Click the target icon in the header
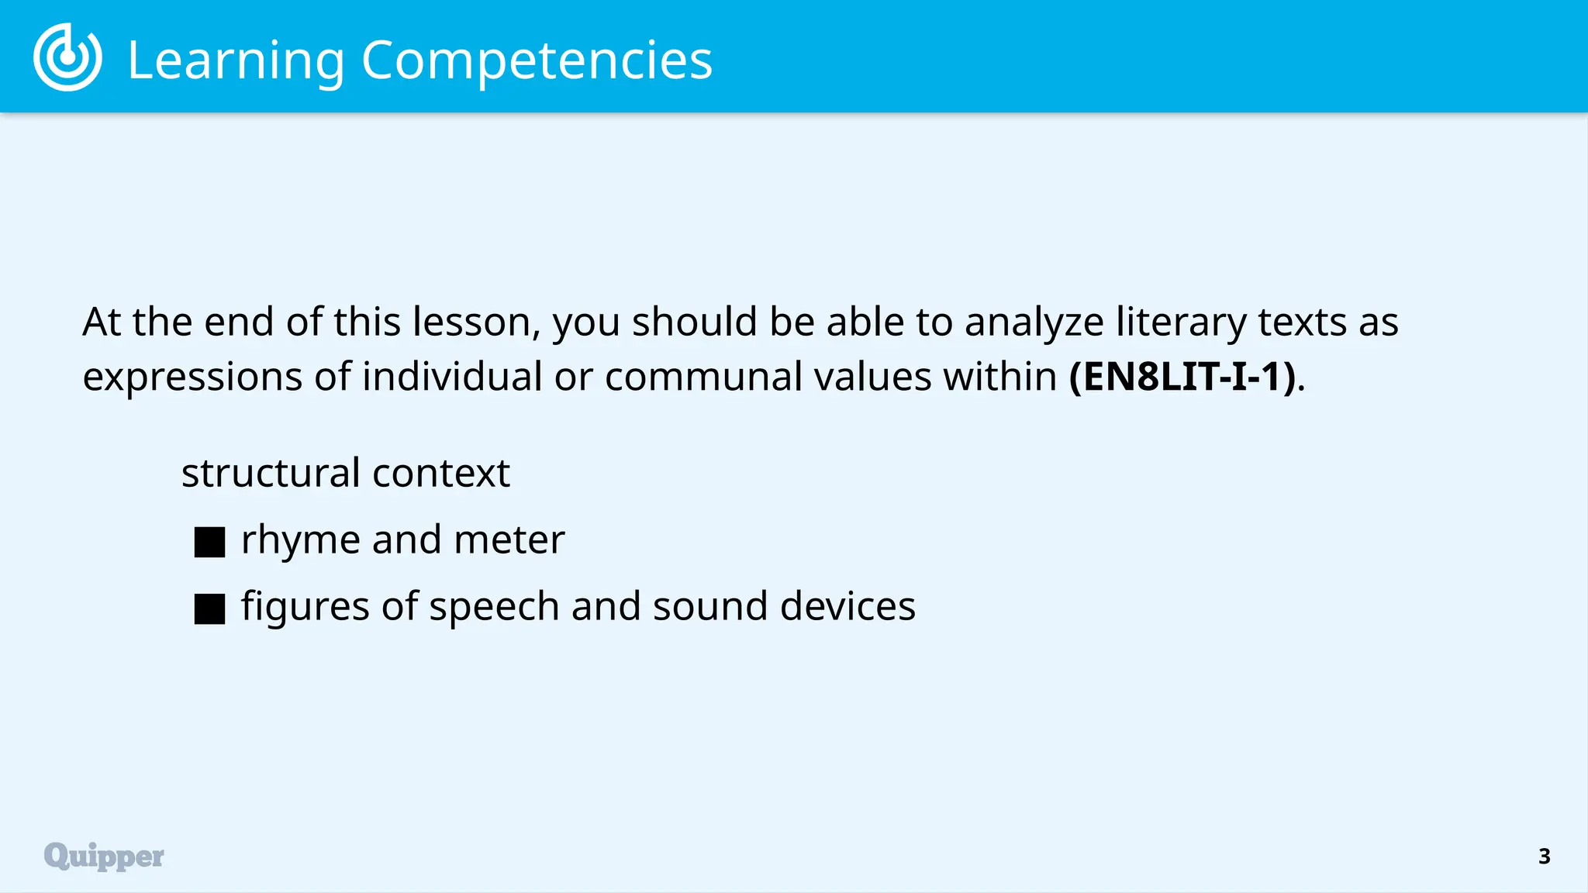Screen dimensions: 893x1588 67,57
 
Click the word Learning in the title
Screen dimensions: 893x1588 236,60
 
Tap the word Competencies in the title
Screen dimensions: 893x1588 537,60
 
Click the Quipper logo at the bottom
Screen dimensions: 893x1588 104,856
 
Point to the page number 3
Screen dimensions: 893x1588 1544,856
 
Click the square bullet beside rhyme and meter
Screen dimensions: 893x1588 209,542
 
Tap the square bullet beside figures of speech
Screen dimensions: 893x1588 209,609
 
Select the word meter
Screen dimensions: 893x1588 509,540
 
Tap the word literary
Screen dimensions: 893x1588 1181,322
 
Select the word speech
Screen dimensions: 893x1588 494,607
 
